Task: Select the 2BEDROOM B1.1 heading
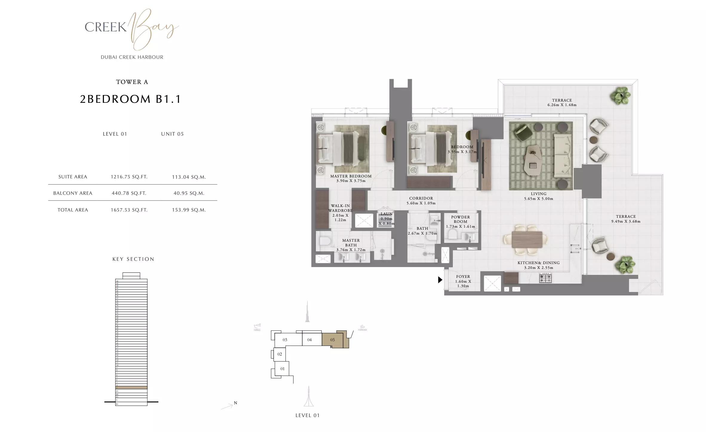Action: click(131, 99)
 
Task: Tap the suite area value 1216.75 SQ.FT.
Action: click(129, 177)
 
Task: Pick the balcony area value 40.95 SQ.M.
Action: click(189, 193)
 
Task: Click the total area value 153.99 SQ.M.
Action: click(189, 210)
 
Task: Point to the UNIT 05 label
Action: click(172, 134)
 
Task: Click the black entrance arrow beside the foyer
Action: click(440, 280)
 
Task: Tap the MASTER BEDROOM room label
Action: click(351, 176)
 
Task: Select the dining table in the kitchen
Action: click(527, 240)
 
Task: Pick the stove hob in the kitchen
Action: click(545, 278)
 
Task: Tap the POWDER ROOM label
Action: click(460, 219)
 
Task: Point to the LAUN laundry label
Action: click(386, 214)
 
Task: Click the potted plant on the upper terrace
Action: click(621, 96)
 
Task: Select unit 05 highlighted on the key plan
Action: click(332, 340)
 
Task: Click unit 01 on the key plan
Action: click(282, 369)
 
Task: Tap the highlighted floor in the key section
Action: click(131, 387)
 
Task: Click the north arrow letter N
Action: click(235, 403)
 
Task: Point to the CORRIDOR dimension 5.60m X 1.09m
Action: click(421, 203)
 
